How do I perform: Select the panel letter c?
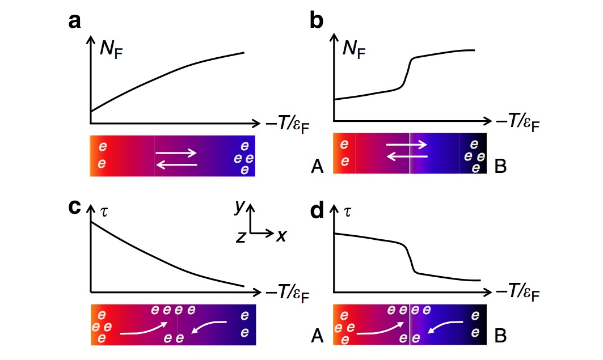[x=74, y=207]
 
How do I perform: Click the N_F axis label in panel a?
[x=111, y=50]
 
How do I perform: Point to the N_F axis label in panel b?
[x=355, y=50]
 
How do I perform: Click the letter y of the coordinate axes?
[x=241, y=207]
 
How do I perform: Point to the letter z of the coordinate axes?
[x=241, y=238]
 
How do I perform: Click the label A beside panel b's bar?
[x=318, y=166]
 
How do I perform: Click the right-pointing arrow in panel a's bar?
[x=176, y=153]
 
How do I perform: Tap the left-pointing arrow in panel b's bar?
[x=406, y=158]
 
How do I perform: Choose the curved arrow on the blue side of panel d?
[x=444, y=327]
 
